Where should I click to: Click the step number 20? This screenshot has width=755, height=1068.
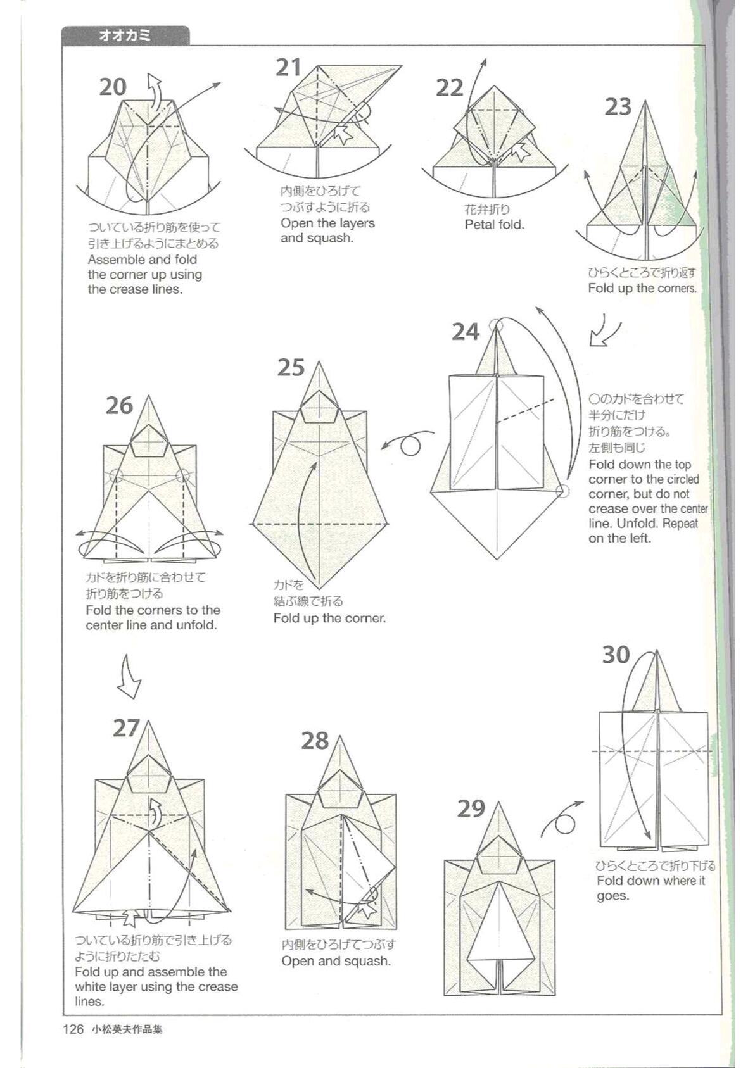click(x=113, y=87)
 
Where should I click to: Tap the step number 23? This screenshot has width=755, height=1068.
click(x=618, y=107)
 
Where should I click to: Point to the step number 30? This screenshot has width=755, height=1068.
click(x=616, y=655)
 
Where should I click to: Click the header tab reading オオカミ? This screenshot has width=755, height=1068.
click(x=125, y=35)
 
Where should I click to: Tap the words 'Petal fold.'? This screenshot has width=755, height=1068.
click(x=494, y=225)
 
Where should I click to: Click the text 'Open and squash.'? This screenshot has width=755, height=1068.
click(x=336, y=961)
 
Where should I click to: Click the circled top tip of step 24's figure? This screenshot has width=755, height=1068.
click(x=497, y=325)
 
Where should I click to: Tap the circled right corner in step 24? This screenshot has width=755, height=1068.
click(x=563, y=491)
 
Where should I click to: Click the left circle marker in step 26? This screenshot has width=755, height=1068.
click(x=116, y=475)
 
